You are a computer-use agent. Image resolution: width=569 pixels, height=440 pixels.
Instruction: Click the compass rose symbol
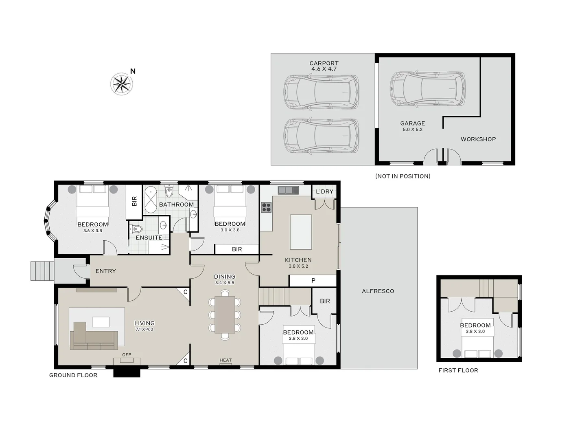[x=121, y=84]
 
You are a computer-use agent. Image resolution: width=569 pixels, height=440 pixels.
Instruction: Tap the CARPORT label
[x=324, y=63]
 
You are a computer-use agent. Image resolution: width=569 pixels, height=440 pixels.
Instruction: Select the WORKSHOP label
[x=478, y=139]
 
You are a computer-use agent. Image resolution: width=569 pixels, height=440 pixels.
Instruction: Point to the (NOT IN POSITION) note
[x=403, y=176]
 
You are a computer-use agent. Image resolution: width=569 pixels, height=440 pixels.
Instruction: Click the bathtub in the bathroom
[x=150, y=200]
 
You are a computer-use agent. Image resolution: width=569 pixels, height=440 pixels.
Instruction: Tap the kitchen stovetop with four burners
[x=266, y=207]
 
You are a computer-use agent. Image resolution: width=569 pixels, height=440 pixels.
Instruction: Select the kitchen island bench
[x=301, y=232]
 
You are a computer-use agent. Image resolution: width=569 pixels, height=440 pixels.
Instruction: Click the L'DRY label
[x=324, y=191]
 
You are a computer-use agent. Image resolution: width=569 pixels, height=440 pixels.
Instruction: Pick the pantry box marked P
[x=313, y=280]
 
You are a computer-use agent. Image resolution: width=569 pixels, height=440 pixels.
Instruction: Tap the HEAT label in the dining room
[x=225, y=360]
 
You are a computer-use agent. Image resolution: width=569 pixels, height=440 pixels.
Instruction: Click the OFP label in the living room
[x=127, y=355]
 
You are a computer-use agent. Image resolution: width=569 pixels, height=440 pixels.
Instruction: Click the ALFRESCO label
[x=378, y=291]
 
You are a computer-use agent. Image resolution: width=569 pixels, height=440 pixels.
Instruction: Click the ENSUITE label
[x=149, y=238]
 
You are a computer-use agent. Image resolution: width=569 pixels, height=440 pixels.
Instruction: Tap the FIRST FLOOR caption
[x=458, y=370]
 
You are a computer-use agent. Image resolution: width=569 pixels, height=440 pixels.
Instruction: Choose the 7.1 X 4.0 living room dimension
[x=144, y=329]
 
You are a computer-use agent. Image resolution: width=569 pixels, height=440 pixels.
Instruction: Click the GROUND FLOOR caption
[x=73, y=375]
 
